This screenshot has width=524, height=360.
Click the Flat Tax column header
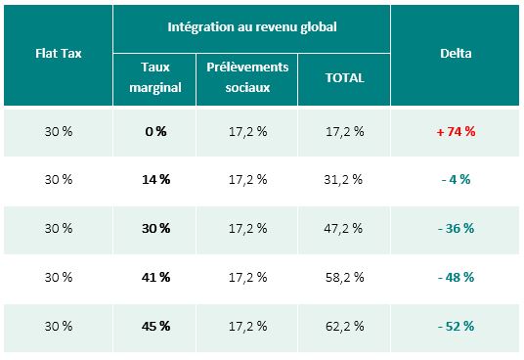[59, 54]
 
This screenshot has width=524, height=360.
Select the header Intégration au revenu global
[252, 27]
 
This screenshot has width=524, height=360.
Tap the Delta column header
[456, 54]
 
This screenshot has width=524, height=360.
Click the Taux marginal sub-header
[155, 77]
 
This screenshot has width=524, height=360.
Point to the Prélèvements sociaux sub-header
[247, 77]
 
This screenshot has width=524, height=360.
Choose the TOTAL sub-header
[344, 78]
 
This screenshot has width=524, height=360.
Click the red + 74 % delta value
[456, 132]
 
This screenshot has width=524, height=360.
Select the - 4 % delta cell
[456, 179]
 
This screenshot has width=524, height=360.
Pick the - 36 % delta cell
[456, 228]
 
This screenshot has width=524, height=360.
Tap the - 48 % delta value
[456, 277]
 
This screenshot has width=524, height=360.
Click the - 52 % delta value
[456, 326]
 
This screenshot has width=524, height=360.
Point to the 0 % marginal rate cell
[155, 132]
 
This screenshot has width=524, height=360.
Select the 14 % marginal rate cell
[155, 179]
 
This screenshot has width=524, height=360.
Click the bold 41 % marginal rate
[155, 277]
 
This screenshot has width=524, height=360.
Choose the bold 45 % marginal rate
[155, 326]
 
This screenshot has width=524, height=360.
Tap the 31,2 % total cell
[343, 180]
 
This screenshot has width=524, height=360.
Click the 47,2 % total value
[343, 229]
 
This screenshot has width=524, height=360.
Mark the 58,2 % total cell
[344, 278]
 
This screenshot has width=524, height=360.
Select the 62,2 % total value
[344, 326]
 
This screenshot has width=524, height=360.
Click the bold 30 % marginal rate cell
[155, 228]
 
